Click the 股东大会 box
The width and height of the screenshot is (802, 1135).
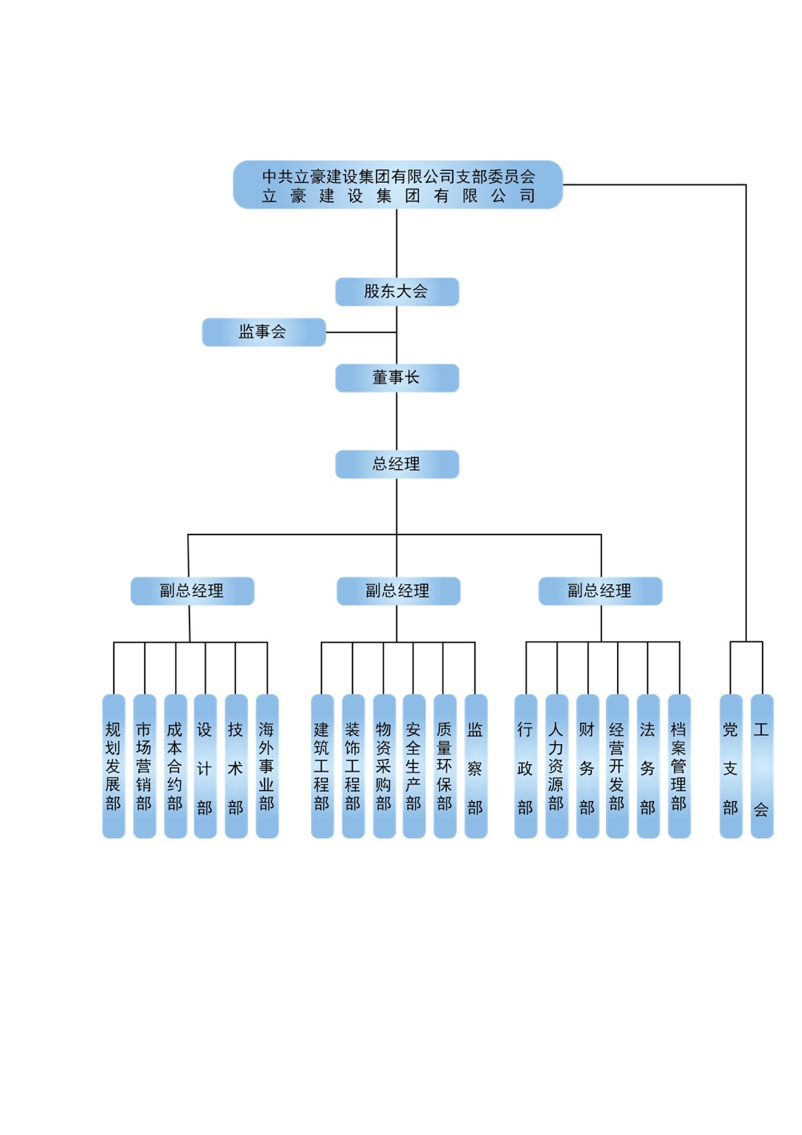point(397,291)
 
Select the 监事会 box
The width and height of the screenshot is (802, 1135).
point(264,332)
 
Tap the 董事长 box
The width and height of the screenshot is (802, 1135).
point(397,378)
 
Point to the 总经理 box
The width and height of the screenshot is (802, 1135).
point(397,464)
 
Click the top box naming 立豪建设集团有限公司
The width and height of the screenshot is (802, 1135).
point(398,185)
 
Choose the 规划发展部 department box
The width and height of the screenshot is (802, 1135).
point(114,766)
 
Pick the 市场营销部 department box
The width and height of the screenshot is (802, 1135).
point(144,766)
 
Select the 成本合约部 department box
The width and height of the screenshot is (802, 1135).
point(175,766)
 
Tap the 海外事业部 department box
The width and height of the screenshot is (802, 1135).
point(267,766)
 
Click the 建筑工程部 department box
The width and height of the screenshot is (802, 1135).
point(322,766)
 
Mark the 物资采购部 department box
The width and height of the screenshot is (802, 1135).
point(384,766)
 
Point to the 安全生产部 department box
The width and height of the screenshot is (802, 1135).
point(414,766)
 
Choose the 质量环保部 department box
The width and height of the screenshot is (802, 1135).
point(445,766)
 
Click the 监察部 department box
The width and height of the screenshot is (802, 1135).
point(475,766)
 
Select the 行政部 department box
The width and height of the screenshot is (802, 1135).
point(526,766)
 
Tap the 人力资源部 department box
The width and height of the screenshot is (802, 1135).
point(556,766)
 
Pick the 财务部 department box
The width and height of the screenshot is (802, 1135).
point(587,766)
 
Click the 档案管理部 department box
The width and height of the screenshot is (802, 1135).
point(679,766)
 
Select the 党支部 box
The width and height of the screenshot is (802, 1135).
point(731,766)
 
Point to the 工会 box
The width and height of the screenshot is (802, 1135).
point(762,766)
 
